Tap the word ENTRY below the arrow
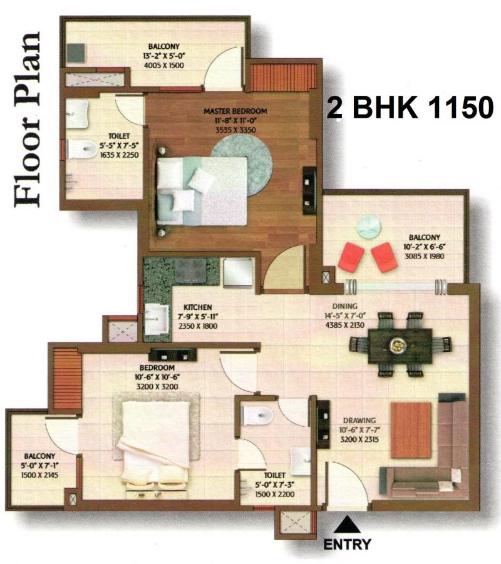(x=348, y=544)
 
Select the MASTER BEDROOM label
(x=235, y=111)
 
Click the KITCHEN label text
(x=198, y=307)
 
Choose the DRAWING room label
(x=359, y=420)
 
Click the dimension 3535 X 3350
(x=235, y=130)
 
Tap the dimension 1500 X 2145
(x=39, y=475)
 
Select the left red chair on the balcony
(x=348, y=257)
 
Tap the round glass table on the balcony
(x=369, y=226)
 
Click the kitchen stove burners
(x=191, y=270)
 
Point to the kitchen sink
(x=157, y=319)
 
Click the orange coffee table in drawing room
(x=411, y=430)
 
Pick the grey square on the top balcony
(x=76, y=53)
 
